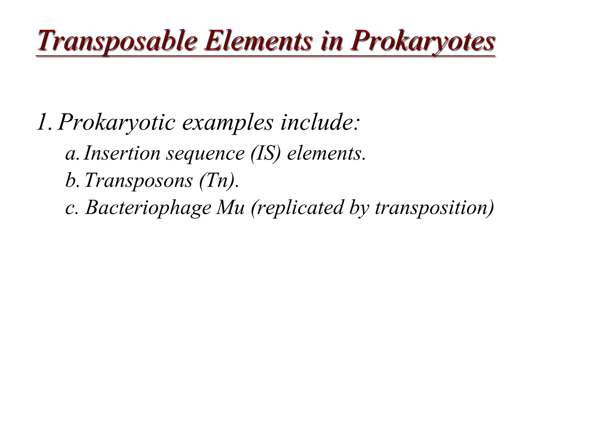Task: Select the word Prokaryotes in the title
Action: [x=422, y=42]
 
